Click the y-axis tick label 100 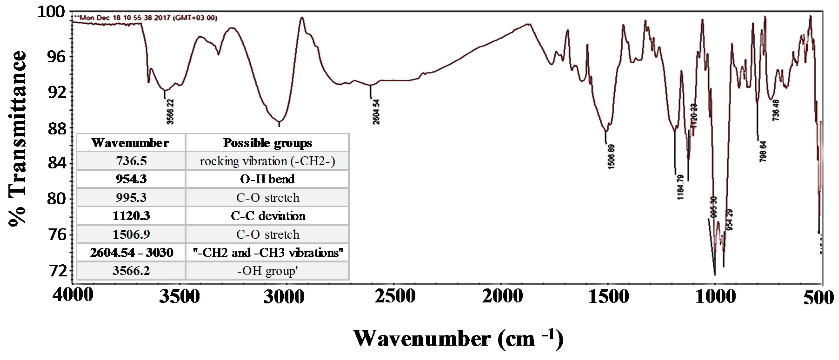(x=51, y=12)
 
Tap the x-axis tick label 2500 (x=395, y=296)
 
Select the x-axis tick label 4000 (x=73, y=295)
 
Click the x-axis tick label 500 (x=818, y=297)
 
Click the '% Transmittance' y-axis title (x=17, y=138)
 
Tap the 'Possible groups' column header (x=267, y=143)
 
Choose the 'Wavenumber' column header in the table (x=130, y=143)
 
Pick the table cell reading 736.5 (x=131, y=161)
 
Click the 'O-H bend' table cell (x=267, y=179)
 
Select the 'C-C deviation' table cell (x=268, y=216)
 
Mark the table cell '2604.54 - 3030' (x=132, y=253)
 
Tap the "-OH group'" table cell (x=267, y=271)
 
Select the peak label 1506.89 (x=611, y=156)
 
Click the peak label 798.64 (x=763, y=151)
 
